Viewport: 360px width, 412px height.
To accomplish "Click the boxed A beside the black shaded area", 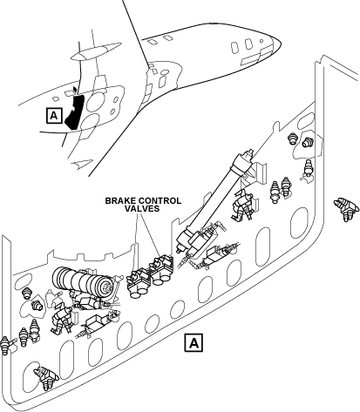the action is click(x=54, y=116).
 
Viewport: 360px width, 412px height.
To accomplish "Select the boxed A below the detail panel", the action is click(x=194, y=343).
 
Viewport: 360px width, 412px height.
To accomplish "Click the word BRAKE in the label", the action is click(x=120, y=201).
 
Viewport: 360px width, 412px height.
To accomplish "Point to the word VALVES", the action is click(x=142, y=208).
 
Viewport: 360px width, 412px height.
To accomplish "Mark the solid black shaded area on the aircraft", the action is click(x=75, y=110).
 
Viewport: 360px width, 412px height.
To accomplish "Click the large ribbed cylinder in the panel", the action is click(x=82, y=281).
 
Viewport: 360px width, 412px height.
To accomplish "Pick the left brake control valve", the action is click(x=139, y=282).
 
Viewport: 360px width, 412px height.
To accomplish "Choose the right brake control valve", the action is click(x=160, y=269).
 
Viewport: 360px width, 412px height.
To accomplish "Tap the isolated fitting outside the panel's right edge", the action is click(x=346, y=208).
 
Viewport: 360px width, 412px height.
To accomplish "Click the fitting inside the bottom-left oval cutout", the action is click(x=46, y=378).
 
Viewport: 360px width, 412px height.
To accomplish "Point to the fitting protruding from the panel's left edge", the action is click(x=6, y=345).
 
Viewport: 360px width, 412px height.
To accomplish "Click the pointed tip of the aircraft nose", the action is click(x=281, y=43).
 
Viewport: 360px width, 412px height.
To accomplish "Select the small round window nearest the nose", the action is click(x=262, y=41).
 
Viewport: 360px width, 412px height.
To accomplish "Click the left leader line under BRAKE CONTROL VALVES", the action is click(x=135, y=243).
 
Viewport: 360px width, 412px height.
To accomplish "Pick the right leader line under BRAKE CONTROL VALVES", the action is click(x=150, y=234).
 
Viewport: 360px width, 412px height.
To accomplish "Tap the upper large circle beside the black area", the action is click(x=97, y=101).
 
